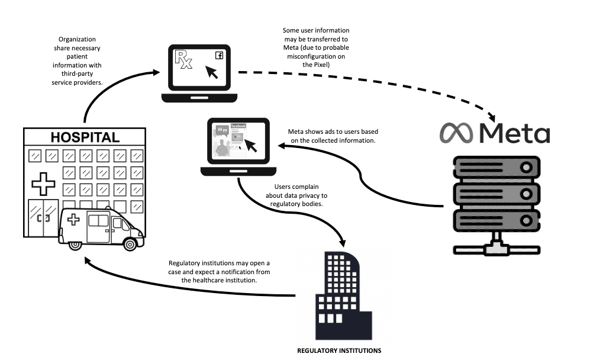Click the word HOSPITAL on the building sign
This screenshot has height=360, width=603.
[85, 137]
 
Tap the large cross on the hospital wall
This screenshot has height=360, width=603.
[43, 184]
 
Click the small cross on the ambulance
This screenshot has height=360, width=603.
[73, 220]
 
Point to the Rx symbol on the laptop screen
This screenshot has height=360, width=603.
[182, 60]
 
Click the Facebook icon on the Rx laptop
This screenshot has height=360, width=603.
[219, 56]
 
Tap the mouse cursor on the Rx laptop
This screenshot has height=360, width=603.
[212, 72]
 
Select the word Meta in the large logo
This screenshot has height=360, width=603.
[514, 133]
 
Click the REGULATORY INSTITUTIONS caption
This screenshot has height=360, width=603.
[339, 351]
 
